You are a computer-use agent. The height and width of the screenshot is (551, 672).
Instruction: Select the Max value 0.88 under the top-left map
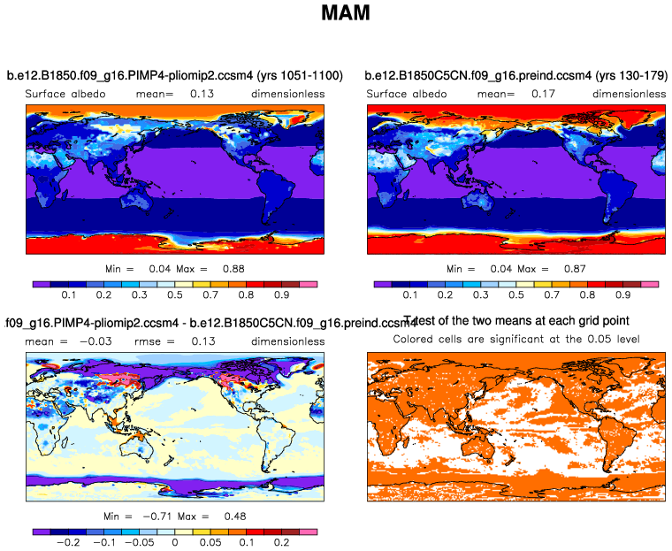click(232, 268)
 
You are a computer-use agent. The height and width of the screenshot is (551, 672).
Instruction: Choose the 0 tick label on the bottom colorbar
click(175, 543)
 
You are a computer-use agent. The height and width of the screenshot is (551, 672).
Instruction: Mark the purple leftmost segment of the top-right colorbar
click(382, 284)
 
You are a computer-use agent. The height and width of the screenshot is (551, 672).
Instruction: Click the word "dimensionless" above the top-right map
click(629, 93)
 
